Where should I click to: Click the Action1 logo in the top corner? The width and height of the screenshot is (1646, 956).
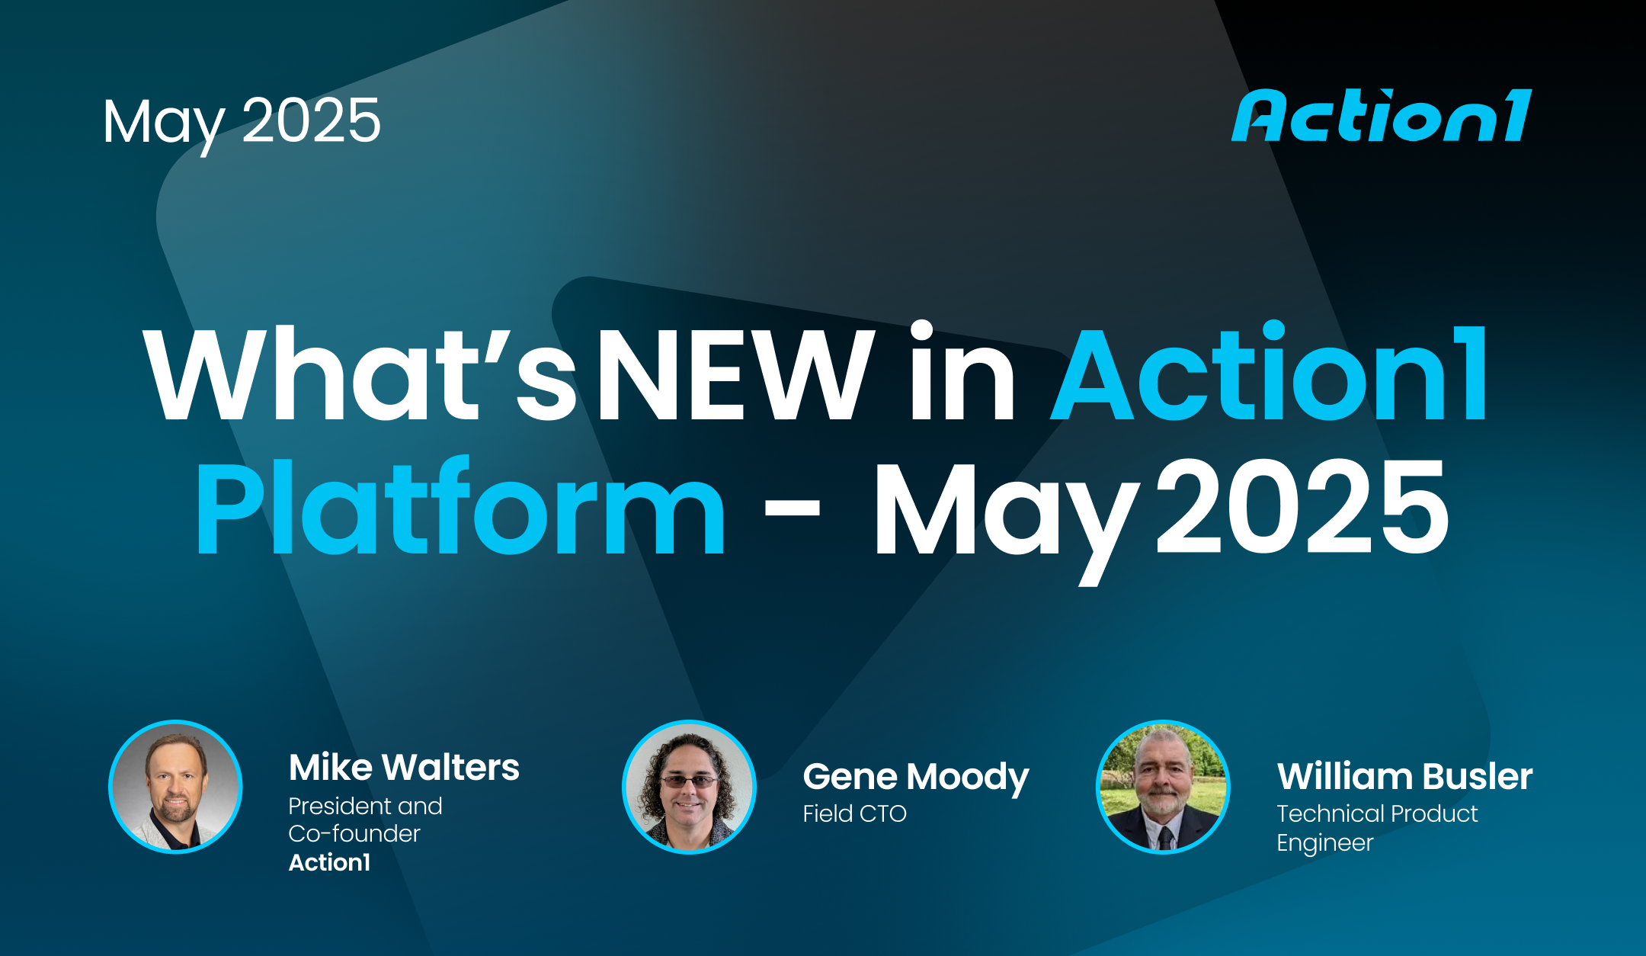[1381, 116]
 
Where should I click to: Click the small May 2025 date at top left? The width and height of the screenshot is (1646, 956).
[242, 122]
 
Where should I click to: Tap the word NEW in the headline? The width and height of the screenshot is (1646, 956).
[735, 375]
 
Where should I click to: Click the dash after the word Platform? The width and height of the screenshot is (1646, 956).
[792, 508]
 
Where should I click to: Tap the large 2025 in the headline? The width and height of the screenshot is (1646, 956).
[1302, 507]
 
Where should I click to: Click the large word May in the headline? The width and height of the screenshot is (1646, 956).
[1004, 515]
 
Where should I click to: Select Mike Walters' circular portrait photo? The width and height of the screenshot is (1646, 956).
[176, 787]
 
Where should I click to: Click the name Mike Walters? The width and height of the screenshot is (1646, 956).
[404, 768]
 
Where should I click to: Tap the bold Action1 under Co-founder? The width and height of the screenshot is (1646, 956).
[329, 862]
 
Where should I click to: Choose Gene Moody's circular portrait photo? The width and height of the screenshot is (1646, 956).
[689, 787]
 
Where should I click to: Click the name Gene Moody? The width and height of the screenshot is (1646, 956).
[915, 777]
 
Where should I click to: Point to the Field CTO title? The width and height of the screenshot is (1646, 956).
[854, 814]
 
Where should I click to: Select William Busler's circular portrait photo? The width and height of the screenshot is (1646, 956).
[1163, 787]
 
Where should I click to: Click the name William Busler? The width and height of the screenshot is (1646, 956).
[1404, 777]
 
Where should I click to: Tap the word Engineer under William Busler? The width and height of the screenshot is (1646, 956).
[1324, 843]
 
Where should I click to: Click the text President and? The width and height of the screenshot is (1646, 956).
[365, 806]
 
